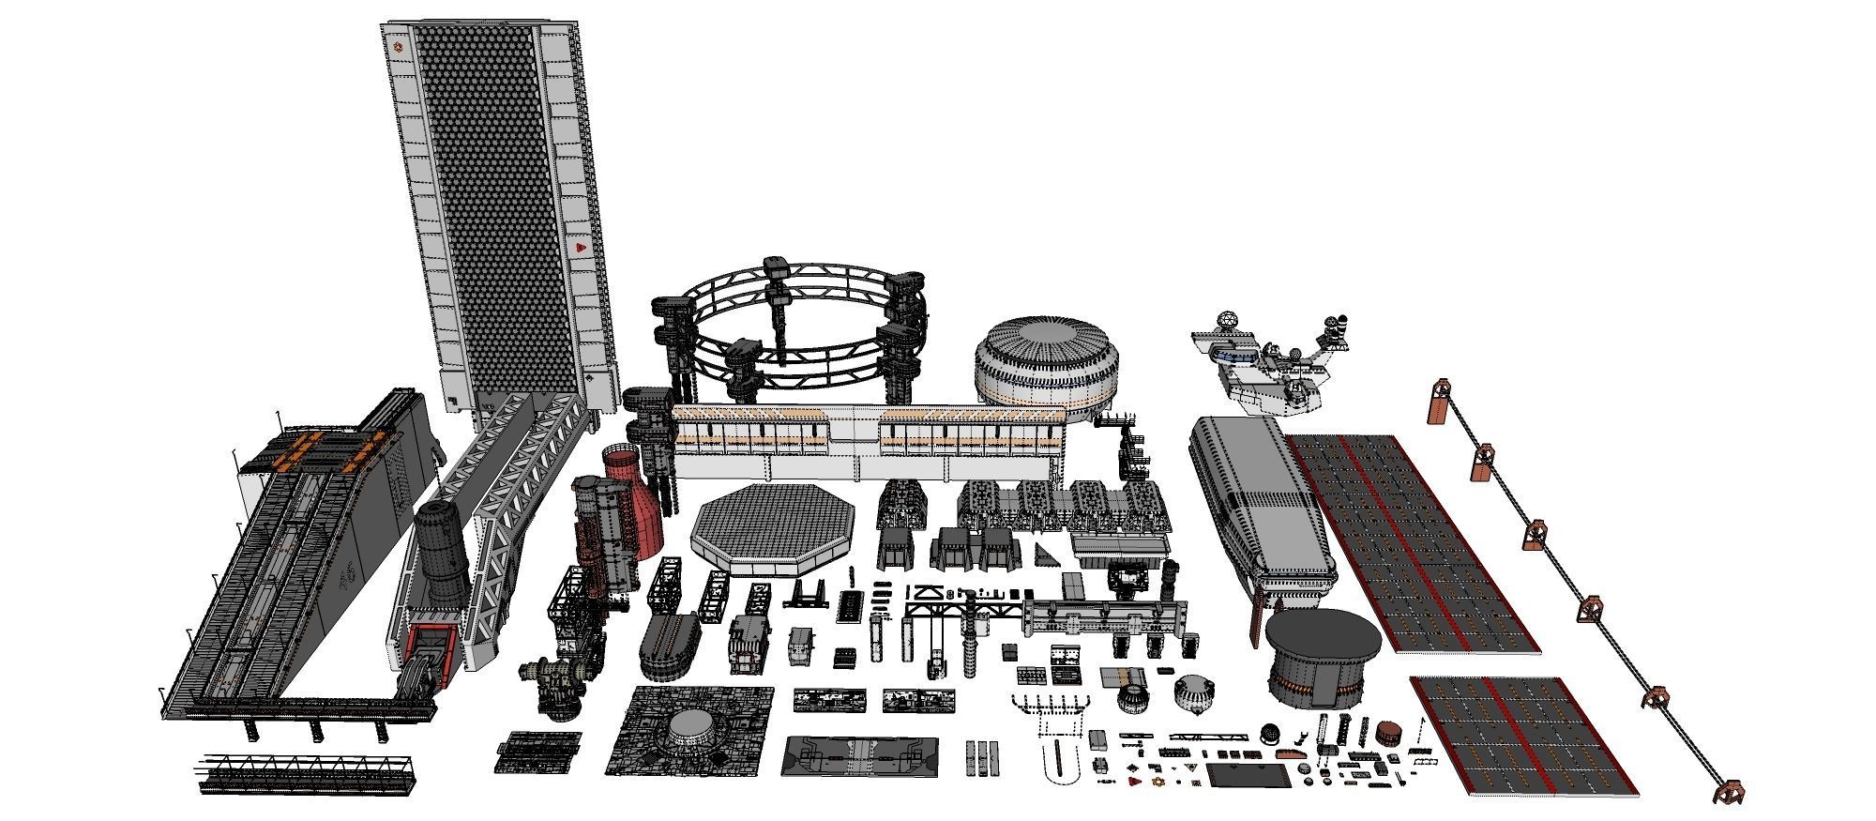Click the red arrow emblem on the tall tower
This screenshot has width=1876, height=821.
580,248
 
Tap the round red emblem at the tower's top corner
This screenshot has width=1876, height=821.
399,44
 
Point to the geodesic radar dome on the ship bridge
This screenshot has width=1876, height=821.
1224,322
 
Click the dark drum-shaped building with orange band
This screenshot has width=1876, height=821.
1323,657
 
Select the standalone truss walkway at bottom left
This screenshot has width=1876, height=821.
305,773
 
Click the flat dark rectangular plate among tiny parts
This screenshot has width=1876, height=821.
1246,775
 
